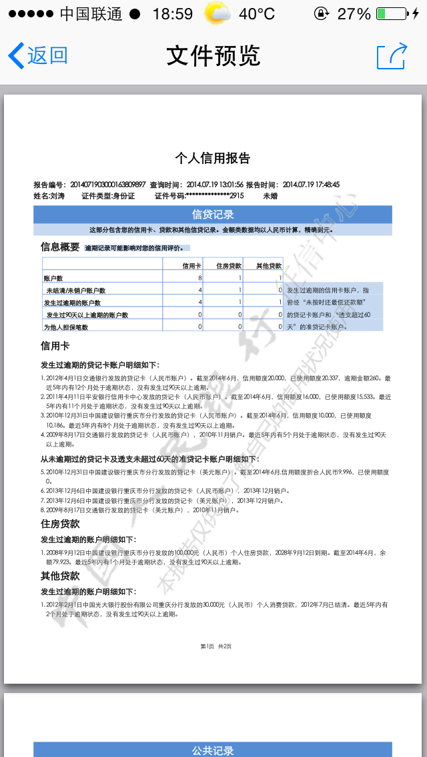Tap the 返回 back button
click(39, 55)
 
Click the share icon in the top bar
click(392, 55)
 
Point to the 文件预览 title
click(213, 55)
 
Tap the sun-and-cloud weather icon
click(218, 14)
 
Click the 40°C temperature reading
click(257, 14)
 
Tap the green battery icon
click(390, 14)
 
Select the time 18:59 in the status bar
click(172, 14)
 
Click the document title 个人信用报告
click(213, 158)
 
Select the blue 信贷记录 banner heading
click(213, 215)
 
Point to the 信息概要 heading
click(60, 247)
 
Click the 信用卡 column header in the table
click(192, 265)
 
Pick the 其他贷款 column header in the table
click(268, 265)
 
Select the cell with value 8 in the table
click(199, 278)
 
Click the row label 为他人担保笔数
click(66, 327)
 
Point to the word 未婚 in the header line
click(270, 196)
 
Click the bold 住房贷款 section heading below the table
click(60, 524)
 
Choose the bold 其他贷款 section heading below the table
click(60, 576)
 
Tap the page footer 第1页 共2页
click(216, 646)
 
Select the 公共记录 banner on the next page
click(213, 750)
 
